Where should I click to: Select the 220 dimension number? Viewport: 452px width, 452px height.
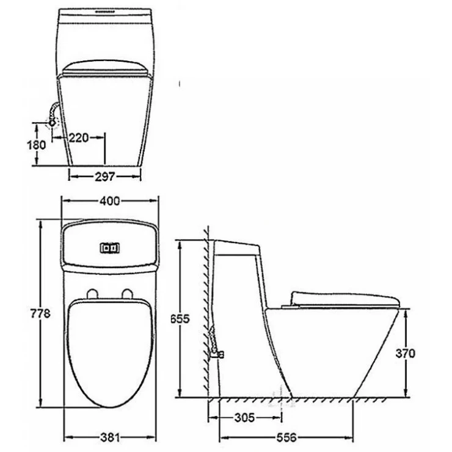click(x=78, y=137)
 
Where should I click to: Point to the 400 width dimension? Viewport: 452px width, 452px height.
click(x=111, y=200)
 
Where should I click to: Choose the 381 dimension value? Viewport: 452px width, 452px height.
click(x=111, y=437)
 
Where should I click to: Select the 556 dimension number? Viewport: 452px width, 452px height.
click(x=285, y=437)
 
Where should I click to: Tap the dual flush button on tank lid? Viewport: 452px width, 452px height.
click(x=111, y=248)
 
